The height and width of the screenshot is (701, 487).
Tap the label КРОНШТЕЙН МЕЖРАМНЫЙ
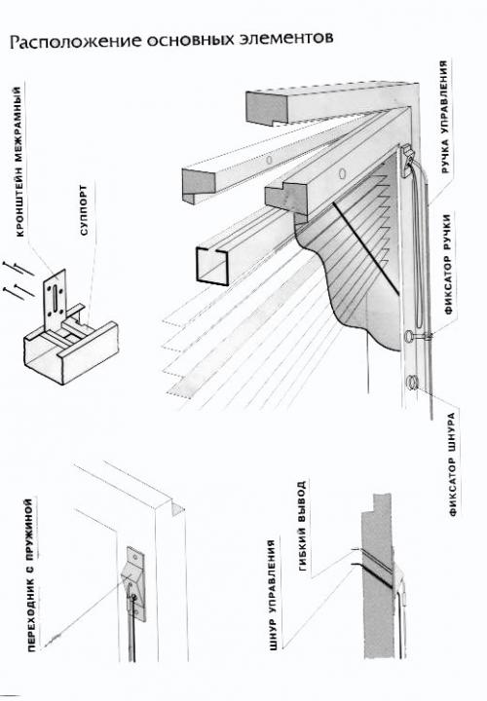pyautogui.click(x=19, y=162)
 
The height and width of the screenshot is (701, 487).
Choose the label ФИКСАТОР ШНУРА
pyautogui.click(x=453, y=464)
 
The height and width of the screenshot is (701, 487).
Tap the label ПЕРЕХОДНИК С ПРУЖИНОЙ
pyautogui.click(x=30, y=575)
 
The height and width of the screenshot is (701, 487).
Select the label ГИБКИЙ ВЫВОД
pyautogui.click(x=302, y=526)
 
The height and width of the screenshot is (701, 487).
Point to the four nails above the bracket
pyautogui.click(x=18, y=279)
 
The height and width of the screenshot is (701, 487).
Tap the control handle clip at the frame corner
pyautogui.click(x=408, y=160)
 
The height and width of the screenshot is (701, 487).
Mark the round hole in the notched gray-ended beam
pyautogui.click(x=343, y=172)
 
